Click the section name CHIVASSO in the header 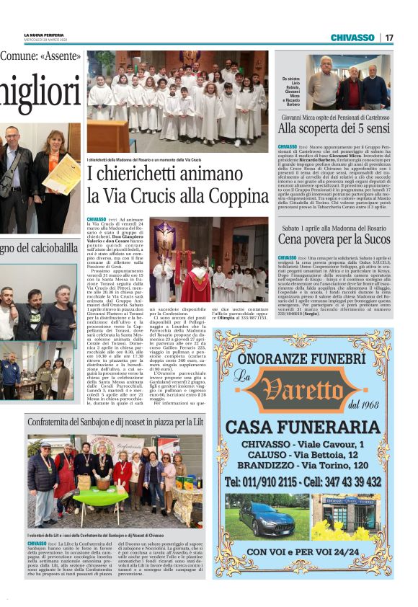[352, 37]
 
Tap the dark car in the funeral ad [266, 520]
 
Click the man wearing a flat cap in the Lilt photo [43, 471]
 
